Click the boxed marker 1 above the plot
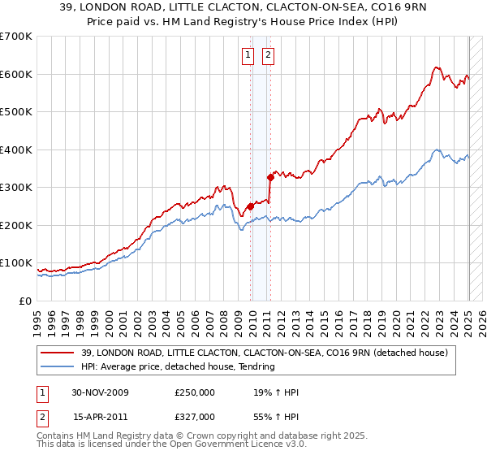point(248,55)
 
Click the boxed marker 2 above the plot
point(268,55)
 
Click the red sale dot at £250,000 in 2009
point(251,206)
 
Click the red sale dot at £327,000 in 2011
point(270,177)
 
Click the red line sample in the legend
point(58,353)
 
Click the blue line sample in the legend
point(58,367)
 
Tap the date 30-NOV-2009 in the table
point(101,392)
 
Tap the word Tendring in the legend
point(256,367)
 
